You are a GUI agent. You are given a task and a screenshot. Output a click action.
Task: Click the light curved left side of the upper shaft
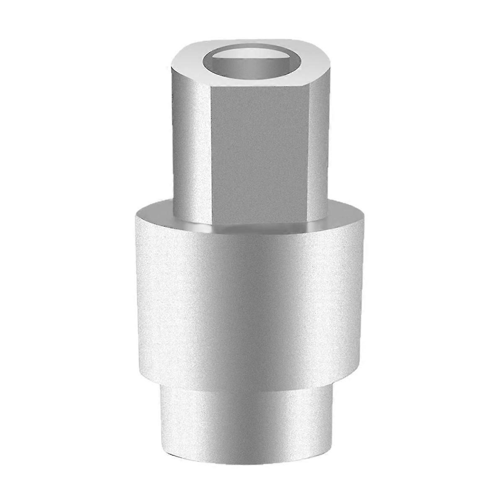pos(189,143)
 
